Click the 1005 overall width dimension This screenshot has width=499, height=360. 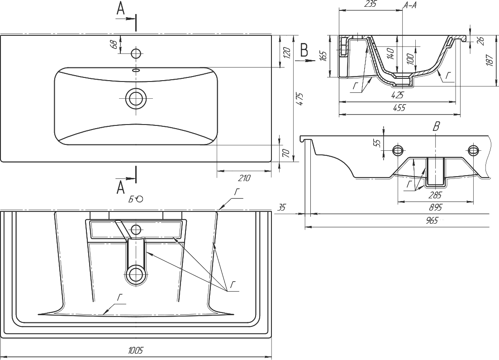point(136,351)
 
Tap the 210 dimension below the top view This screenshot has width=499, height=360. point(244,178)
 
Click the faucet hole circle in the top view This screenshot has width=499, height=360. point(136,53)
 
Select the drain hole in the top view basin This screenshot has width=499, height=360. point(136,98)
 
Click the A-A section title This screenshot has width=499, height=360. point(410,5)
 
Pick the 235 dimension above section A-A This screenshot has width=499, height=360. point(371,4)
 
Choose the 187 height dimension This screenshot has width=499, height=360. point(490,60)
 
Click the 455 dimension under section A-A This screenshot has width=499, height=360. point(399,108)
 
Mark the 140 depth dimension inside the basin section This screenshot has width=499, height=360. point(391,53)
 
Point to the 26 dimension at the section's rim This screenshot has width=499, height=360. point(481,40)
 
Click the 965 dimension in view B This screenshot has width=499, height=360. point(432,221)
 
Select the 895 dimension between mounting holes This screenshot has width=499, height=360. point(436,207)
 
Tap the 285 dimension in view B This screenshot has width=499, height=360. point(436,194)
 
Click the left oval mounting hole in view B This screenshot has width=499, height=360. point(399,150)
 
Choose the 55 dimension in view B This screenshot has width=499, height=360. point(378,142)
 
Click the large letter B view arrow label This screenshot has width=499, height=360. point(304,50)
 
